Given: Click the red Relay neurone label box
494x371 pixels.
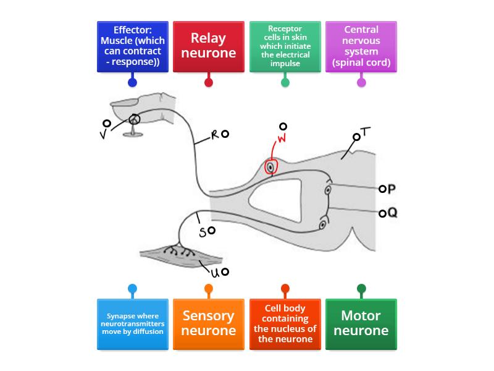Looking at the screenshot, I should [209, 46].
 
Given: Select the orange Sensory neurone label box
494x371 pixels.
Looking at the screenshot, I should [209, 324].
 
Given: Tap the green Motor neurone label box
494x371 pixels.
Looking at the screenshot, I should [361, 324].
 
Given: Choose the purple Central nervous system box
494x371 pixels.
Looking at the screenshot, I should [361, 46].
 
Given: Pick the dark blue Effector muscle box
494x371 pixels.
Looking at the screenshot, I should [132, 46].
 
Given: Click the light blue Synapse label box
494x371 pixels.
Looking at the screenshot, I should [132, 324].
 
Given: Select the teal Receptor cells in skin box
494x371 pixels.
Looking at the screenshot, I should [285, 46].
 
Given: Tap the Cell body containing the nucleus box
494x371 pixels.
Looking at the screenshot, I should [285, 324].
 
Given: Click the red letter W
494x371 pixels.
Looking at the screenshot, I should [282, 139].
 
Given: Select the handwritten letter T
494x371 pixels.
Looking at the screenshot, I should [366, 132].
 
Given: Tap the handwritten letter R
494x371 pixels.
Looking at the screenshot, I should [216, 135].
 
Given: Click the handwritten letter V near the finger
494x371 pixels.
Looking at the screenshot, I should [103, 134].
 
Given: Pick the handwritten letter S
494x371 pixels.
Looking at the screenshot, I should [202, 233].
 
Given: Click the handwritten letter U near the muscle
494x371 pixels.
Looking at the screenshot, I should [216, 271].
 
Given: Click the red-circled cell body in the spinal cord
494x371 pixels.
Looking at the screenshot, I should [270, 166].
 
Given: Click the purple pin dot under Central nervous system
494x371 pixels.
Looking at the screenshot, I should [361, 82].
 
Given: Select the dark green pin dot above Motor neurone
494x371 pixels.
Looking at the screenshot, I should [361, 288].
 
